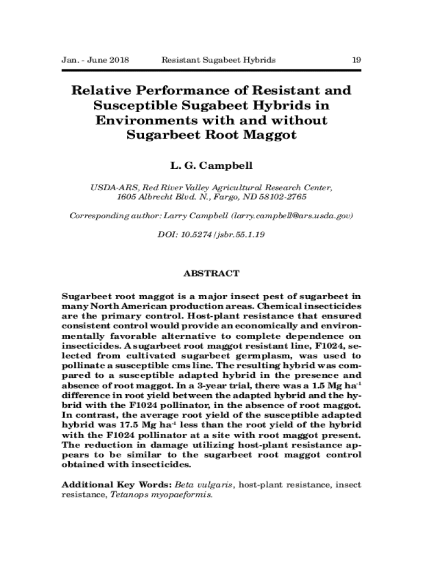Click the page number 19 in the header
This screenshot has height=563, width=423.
(356, 60)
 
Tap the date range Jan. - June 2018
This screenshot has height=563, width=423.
(94, 60)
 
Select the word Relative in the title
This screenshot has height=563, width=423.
(100, 91)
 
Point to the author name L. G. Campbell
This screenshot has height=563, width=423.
(211, 165)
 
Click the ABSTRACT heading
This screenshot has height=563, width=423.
(211, 273)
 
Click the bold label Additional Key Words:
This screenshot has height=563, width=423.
(116, 485)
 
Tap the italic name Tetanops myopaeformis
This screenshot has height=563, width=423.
(162, 494)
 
